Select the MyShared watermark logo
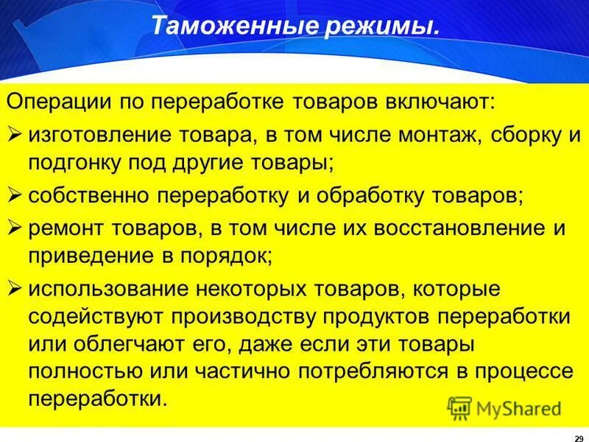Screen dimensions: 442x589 (504, 407)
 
